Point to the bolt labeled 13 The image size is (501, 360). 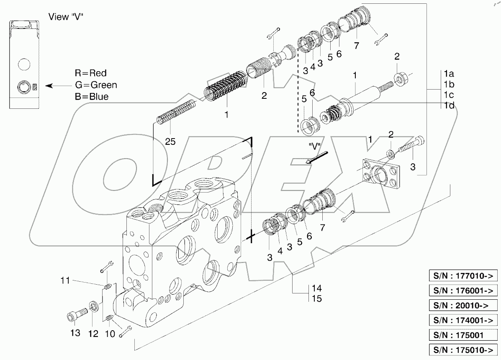pyautogui.click(x=76, y=314)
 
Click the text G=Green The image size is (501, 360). pyautogui.click(x=96, y=85)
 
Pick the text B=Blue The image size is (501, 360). pyautogui.click(x=92, y=97)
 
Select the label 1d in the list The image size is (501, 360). pyautogui.click(x=449, y=105)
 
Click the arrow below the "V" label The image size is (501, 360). pyautogui.click(x=313, y=158)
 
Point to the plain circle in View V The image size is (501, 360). pyautogui.click(x=24, y=64)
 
